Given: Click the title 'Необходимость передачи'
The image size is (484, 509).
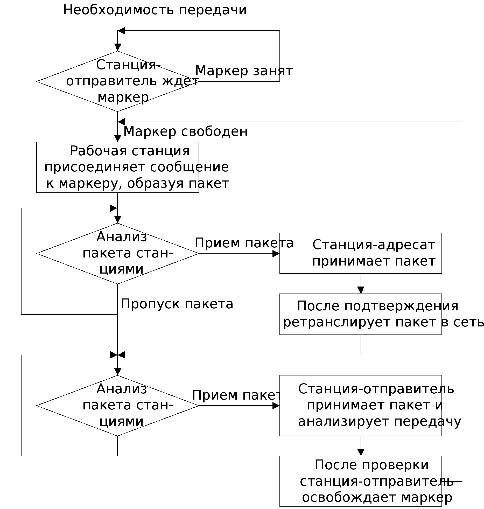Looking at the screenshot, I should [155, 10].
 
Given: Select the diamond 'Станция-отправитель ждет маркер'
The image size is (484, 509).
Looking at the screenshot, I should [117, 81].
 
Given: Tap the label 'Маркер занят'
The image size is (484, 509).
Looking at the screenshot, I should [244, 71].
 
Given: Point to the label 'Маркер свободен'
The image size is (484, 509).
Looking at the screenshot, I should [185, 131].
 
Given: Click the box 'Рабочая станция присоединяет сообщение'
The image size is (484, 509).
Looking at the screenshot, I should [117, 167].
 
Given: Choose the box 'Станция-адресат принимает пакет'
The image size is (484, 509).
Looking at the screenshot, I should [360, 253].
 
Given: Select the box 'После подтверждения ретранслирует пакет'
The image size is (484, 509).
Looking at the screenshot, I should [360, 314].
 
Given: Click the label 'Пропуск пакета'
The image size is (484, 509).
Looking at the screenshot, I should [177, 304].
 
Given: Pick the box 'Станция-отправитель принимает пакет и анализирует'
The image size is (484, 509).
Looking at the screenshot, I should [360, 405].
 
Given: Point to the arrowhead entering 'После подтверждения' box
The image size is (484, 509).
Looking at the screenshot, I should [361, 290].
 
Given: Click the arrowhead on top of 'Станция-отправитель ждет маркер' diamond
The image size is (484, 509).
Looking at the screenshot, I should [118, 47].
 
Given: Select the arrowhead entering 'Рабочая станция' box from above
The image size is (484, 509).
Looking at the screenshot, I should [118, 139].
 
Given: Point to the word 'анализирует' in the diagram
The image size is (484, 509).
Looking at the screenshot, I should [343, 422].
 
